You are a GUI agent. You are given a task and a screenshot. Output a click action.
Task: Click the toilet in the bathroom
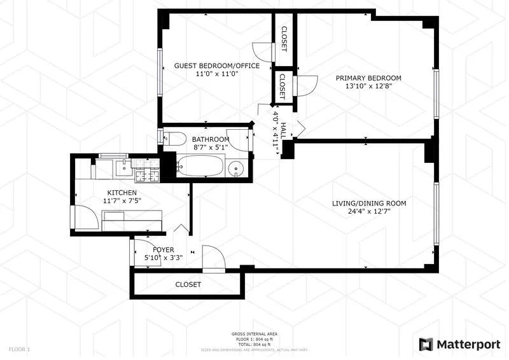pos(174,137)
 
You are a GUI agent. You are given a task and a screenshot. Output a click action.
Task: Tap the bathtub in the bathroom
pos(200,167)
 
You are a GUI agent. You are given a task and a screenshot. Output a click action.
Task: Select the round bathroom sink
pos(237,169)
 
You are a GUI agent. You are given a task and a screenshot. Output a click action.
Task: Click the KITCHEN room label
pos(122,192)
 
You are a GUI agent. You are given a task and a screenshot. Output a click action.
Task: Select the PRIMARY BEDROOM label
pos(368,78)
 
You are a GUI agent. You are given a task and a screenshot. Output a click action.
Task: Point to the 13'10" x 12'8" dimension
pos(368,87)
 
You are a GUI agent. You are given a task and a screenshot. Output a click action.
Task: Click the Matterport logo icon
pos(426,344)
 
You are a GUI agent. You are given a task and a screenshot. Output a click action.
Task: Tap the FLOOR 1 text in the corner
pos(18,349)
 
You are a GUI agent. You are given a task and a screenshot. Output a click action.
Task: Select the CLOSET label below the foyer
pos(188,284)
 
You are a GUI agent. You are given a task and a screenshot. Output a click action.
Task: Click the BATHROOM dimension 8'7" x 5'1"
pos(211,148)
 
